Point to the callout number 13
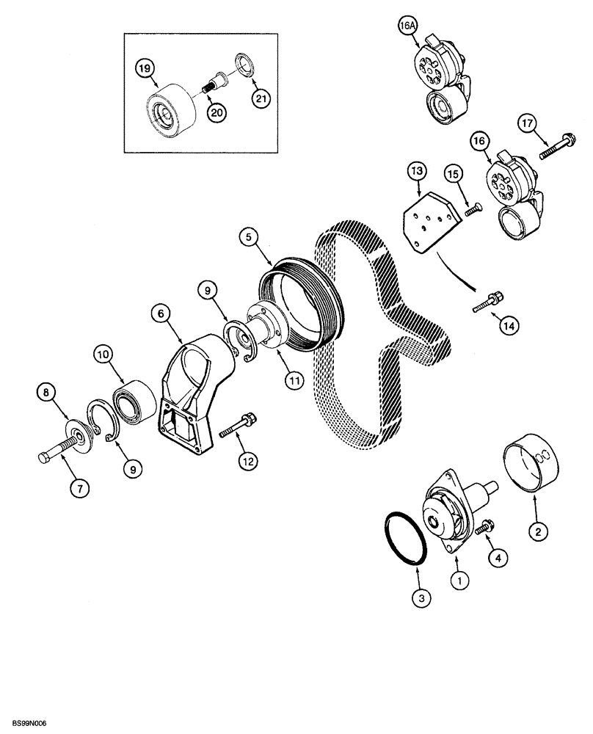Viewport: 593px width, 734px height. coord(416,172)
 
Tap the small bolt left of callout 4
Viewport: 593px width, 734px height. coord(484,526)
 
